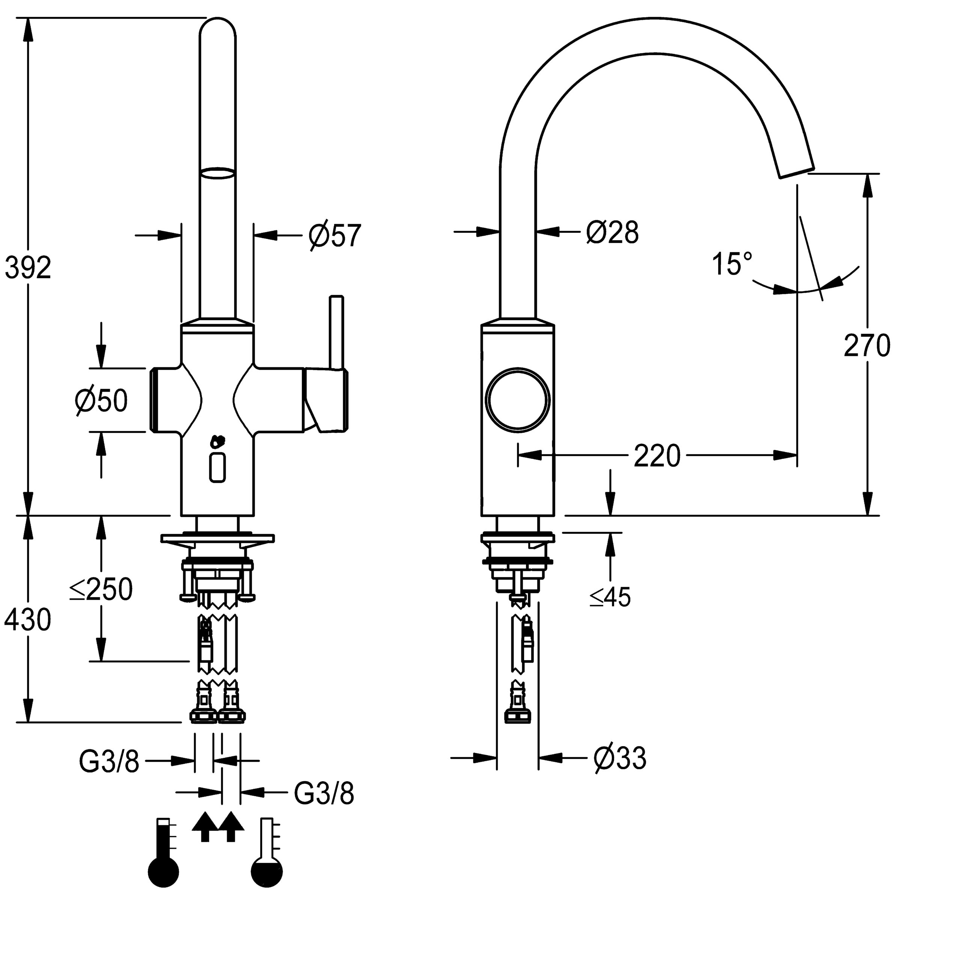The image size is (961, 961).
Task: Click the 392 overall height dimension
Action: pyautogui.click(x=28, y=269)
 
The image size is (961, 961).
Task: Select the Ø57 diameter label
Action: pyautogui.click(x=334, y=235)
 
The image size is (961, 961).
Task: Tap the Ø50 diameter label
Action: pyautogui.click(x=101, y=401)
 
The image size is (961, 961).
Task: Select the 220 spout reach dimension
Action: pyautogui.click(x=657, y=456)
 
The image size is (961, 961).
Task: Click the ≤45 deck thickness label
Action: pyautogui.click(x=610, y=596)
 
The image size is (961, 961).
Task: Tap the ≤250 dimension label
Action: pyautogui.click(x=101, y=589)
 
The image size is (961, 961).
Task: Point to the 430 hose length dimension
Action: pyautogui.click(x=28, y=620)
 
